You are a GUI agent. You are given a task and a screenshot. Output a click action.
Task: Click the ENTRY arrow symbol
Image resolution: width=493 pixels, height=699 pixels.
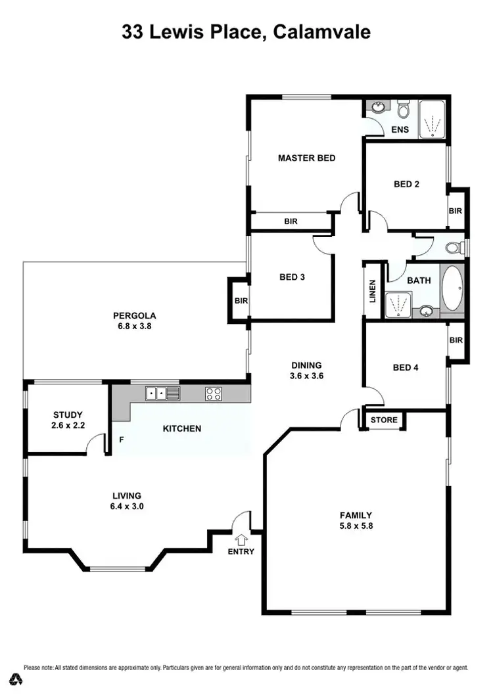[x=241, y=539]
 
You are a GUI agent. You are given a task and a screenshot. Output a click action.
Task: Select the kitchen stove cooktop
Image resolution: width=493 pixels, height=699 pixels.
[x=213, y=394]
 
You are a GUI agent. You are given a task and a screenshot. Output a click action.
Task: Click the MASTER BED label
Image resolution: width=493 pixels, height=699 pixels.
[x=306, y=158]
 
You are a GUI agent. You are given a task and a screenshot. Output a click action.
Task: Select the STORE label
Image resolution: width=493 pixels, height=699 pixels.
[x=384, y=420]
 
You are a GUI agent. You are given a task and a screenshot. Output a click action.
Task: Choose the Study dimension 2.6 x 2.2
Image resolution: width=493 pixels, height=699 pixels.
[x=68, y=426]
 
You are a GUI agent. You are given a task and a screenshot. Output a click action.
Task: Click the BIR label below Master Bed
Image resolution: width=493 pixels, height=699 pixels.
[x=291, y=221]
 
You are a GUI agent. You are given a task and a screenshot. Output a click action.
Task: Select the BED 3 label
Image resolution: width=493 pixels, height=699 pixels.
[x=292, y=277]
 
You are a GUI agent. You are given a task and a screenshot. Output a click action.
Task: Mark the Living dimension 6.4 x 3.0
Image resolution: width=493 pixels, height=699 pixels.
[x=128, y=507]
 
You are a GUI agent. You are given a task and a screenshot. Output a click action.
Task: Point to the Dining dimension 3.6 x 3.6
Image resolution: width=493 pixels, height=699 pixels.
[x=306, y=376]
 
